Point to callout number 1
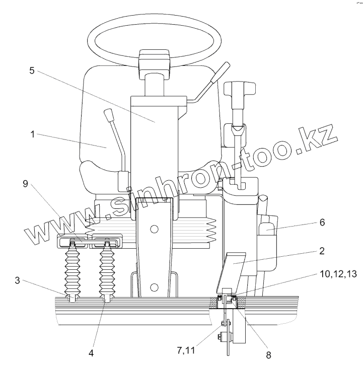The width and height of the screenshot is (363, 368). pyautogui.click(x=32, y=135)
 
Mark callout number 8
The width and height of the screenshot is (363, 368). pyautogui.click(x=268, y=353)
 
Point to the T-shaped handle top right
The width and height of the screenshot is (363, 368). pyautogui.click(x=235, y=91)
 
